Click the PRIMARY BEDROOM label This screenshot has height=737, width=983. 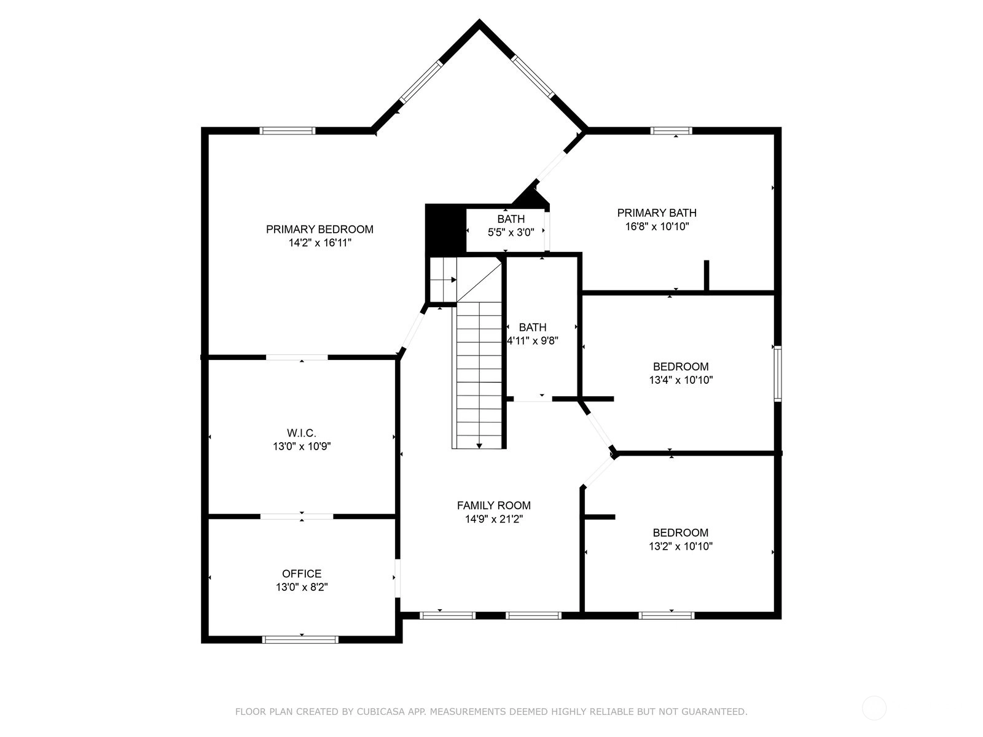[319, 229]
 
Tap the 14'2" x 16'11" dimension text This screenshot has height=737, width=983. [319, 243]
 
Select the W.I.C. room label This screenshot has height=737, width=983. [302, 433]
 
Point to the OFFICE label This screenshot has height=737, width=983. [302, 573]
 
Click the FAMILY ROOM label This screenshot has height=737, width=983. [493, 505]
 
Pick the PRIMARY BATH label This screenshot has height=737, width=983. [657, 213]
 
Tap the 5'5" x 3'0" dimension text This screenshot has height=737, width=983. [511, 232]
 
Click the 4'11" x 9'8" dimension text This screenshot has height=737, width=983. [533, 340]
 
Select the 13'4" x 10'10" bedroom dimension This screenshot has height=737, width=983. [681, 380]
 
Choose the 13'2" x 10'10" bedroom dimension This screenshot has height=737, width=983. [680, 546]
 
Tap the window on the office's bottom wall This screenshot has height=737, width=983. [300, 639]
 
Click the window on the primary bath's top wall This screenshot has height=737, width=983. [671, 131]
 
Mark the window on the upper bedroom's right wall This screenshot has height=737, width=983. [778, 373]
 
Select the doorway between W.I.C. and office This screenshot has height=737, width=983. [297, 517]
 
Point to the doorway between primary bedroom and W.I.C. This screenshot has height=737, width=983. [297, 357]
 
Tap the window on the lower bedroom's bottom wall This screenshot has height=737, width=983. [667, 616]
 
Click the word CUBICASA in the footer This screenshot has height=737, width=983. [376, 711]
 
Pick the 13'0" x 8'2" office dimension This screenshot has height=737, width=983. [302, 587]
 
